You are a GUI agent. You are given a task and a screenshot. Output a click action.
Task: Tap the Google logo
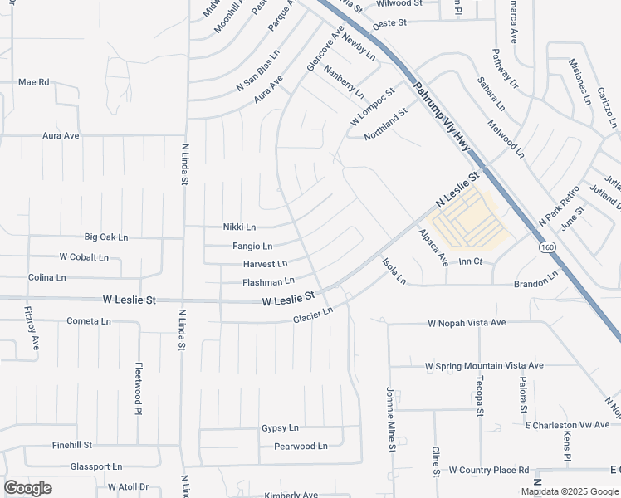click(x=27, y=488)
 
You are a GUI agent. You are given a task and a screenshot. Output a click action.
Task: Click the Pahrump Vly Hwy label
click(x=443, y=117)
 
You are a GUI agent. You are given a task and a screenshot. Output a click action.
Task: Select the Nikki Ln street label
click(x=239, y=227)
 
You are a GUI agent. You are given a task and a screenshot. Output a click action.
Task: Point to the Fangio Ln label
click(x=252, y=247)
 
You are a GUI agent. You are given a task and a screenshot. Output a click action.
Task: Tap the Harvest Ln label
click(x=264, y=264)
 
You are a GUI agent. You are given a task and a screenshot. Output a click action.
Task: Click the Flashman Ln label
click(x=268, y=282)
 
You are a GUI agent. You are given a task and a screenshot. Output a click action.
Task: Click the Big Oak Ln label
click(x=105, y=237)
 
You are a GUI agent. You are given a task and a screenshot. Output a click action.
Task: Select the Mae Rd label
click(x=34, y=82)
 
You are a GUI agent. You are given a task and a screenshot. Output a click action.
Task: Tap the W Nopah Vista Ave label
click(x=467, y=322)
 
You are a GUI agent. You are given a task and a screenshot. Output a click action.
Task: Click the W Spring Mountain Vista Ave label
click(x=484, y=365)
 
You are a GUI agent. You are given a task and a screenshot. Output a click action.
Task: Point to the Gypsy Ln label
click(x=280, y=428)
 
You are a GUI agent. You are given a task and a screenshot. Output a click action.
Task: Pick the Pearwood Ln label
click(x=301, y=447)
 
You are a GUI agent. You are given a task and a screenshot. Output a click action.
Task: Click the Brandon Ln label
click(x=535, y=282)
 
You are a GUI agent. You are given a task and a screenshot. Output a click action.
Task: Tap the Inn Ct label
click(x=470, y=261)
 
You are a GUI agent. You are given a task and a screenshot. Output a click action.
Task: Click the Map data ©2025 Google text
click(x=570, y=491)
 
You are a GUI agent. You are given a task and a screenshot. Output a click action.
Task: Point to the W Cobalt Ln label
click(x=84, y=257)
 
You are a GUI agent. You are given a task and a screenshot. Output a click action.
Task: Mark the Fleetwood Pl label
click(x=139, y=388)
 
